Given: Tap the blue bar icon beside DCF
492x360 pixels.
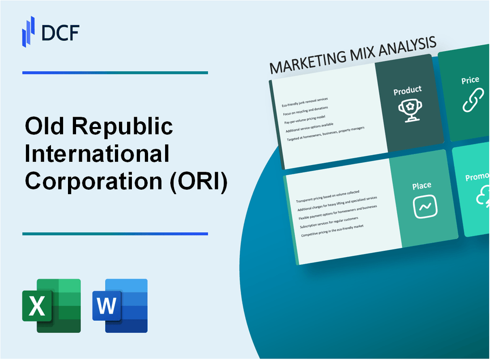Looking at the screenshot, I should (x=29, y=31).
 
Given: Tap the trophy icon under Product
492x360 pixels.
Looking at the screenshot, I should (x=408, y=110).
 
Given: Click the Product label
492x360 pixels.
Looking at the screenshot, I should (x=407, y=91).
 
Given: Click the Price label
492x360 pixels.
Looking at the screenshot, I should (x=470, y=80).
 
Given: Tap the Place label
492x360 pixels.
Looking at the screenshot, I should (x=422, y=185).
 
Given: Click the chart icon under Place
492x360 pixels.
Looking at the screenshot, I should (x=425, y=207).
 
